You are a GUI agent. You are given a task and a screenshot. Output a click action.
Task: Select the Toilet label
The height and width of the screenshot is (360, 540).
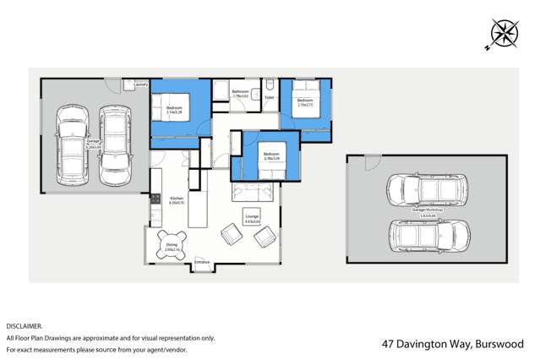tap(269, 98)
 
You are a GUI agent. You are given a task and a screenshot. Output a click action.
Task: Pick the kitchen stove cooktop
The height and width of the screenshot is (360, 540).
tap(155, 199)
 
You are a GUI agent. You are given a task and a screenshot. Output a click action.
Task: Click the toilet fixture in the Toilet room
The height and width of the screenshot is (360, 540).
tap(269, 85)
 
